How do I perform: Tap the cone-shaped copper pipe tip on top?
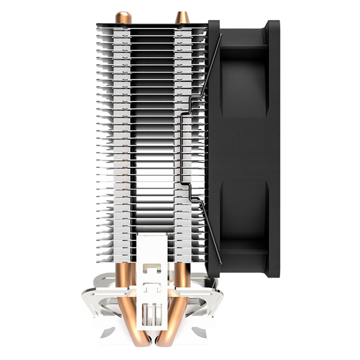tap(182, 17)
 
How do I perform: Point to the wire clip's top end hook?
tap(220, 36)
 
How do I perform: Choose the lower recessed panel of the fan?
tap(245, 212)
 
